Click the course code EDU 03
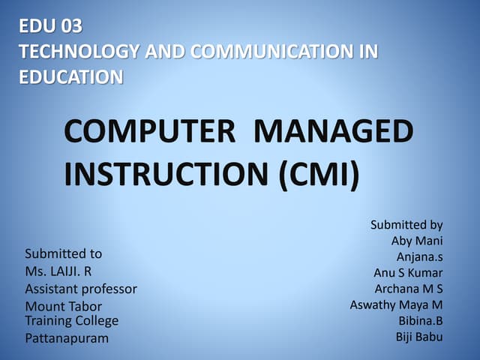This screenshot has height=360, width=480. click(51, 27)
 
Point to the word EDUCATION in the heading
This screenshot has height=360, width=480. click(71, 76)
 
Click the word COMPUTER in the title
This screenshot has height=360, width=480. click(148, 134)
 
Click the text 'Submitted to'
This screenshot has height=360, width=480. click(63, 253)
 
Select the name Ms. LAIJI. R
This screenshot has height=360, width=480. click(58, 271)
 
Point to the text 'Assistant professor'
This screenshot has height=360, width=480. click(81, 289)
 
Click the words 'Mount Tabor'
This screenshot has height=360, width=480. click(63, 306)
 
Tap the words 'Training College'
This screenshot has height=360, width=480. click(71, 321)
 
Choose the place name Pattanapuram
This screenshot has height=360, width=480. click(67, 338)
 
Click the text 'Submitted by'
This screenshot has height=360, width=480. click(406, 224)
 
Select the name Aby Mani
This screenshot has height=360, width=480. click(417, 241)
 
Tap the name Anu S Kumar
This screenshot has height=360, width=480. click(408, 272)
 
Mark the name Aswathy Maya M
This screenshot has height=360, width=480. click(396, 304)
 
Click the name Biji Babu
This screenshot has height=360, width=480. click(419, 336)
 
